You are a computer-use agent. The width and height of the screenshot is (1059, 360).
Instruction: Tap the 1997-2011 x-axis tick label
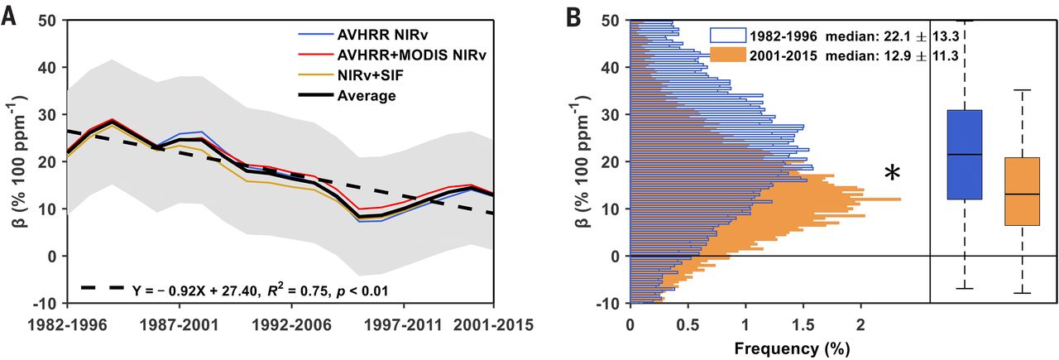(405, 326)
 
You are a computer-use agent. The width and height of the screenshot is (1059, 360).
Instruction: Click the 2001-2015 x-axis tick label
(488, 326)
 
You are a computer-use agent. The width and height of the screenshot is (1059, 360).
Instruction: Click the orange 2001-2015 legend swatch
(726, 56)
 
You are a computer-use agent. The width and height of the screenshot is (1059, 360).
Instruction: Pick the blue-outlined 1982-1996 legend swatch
(726, 36)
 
